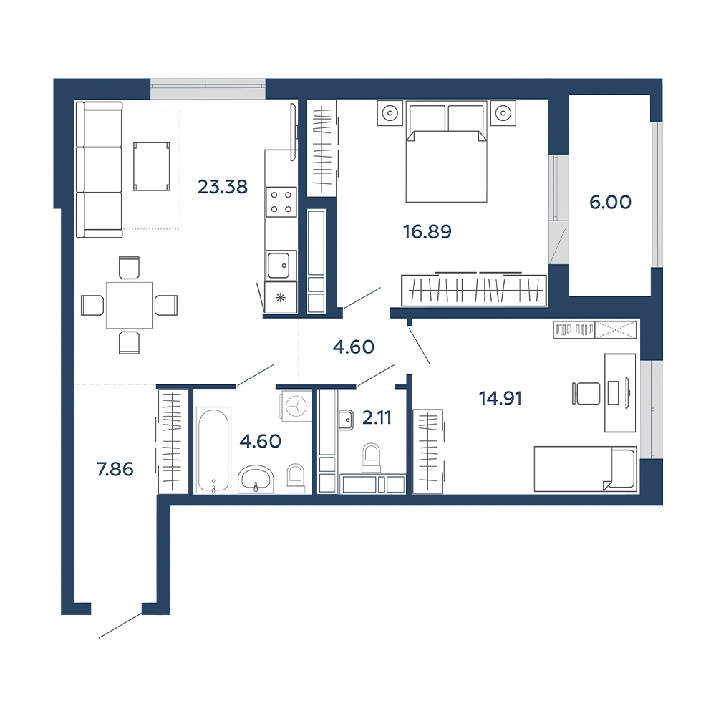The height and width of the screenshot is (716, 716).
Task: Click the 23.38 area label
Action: click(223, 187)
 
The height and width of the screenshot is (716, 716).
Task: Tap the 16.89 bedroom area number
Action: click(427, 231)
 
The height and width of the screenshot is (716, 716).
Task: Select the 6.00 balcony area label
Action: click(610, 202)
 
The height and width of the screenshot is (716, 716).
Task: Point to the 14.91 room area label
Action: click(500, 398)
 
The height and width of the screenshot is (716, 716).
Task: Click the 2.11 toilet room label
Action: click(377, 417)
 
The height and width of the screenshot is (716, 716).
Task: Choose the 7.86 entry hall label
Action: click(115, 469)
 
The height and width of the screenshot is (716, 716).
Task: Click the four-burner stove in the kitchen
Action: click(281, 202)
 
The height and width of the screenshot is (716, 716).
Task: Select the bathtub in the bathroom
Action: click(213, 450)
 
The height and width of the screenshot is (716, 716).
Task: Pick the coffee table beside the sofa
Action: click(151, 166)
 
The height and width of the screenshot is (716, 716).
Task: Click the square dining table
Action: click(129, 305)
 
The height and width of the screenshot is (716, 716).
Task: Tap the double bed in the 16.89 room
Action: click(447, 153)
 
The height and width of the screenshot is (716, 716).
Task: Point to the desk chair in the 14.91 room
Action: click(586, 393)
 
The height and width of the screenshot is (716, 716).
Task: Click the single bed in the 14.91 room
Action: click(586, 469)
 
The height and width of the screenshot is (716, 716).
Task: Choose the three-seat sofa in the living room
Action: click(100, 170)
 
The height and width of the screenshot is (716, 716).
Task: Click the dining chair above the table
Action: click(129, 268)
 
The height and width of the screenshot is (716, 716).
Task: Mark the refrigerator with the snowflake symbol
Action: click(281, 297)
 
